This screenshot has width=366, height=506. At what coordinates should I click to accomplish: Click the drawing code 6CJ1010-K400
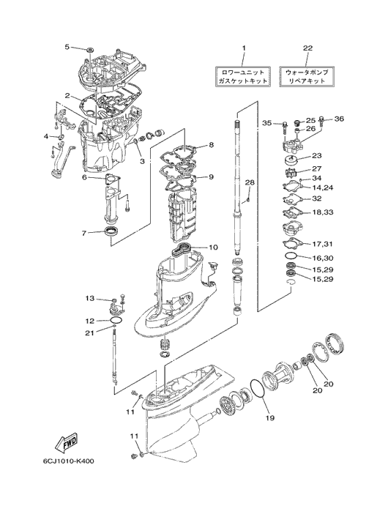[x=68, y=461]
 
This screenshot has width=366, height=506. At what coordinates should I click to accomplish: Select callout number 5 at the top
[x=67, y=47]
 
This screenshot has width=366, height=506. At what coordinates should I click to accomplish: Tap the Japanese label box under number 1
[x=242, y=76]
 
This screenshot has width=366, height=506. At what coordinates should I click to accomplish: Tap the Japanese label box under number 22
[x=307, y=76]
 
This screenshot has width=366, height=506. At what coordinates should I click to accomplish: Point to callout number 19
[x=270, y=418]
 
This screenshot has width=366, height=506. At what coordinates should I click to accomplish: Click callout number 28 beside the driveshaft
[x=250, y=182]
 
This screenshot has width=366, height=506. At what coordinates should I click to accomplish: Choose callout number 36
[x=339, y=119]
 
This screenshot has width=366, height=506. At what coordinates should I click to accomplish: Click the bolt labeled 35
[x=285, y=127]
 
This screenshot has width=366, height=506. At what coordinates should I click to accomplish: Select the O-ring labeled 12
[x=116, y=320]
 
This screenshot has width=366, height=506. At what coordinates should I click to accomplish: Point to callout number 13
[x=90, y=299]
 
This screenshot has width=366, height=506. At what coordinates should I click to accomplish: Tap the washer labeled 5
[x=90, y=50]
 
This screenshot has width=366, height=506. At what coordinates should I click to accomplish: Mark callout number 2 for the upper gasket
[x=67, y=95]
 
